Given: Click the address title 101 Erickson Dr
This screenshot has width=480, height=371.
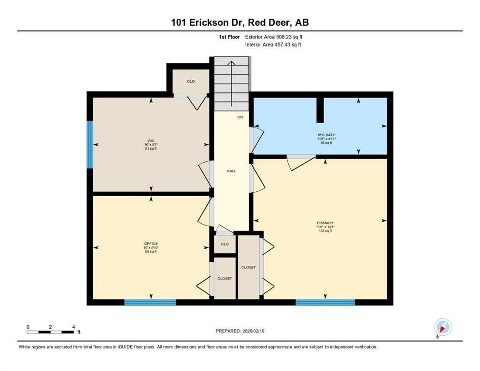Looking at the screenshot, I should (x=240, y=22).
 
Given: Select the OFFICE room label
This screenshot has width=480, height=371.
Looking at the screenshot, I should (x=151, y=243).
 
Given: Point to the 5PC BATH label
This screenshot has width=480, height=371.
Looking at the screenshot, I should (x=323, y=135).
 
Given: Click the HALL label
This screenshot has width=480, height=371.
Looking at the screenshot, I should (x=231, y=171).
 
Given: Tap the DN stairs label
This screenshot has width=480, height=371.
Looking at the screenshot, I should (x=240, y=117).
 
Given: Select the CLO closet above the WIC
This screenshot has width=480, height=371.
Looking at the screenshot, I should (x=191, y=81).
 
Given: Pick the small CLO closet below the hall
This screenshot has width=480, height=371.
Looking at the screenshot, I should (x=225, y=244).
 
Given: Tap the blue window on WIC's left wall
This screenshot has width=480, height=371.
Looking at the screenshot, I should (x=90, y=144).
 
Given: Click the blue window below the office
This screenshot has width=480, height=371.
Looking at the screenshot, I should (x=150, y=302).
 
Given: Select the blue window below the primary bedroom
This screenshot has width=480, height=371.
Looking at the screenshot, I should (x=325, y=302).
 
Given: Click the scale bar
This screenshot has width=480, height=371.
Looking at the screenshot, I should (x=50, y=331).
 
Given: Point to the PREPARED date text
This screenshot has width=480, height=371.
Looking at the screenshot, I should (x=240, y=331).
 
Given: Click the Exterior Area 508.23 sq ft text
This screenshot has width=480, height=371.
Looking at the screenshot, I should (x=274, y=37).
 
